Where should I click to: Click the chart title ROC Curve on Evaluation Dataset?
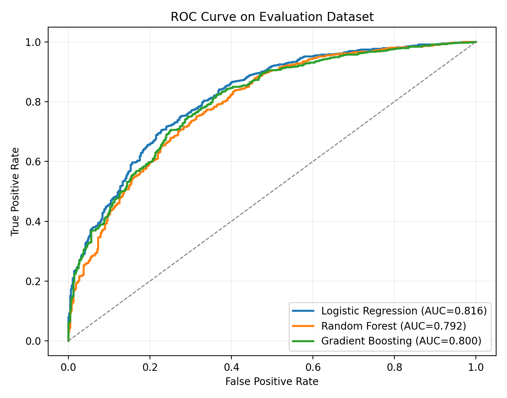(x=272, y=17)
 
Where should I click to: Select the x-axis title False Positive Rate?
(x=272, y=382)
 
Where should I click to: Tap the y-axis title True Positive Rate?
(x=15, y=191)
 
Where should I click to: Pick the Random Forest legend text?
(x=393, y=326)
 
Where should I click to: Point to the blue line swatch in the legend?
(x=303, y=311)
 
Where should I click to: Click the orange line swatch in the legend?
(x=303, y=326)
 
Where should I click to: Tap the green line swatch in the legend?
(x=303, y=341)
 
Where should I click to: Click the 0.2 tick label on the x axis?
(x=150, y=368)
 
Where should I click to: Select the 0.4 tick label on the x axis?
(x=231, y=368)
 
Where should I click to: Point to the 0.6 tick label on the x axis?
(x=313, y=368)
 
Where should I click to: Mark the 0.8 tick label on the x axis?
(x=394, y=368)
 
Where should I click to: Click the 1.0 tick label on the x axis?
(x=476, y=368)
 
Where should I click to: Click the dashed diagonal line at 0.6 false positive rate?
(x=313, y=161)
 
